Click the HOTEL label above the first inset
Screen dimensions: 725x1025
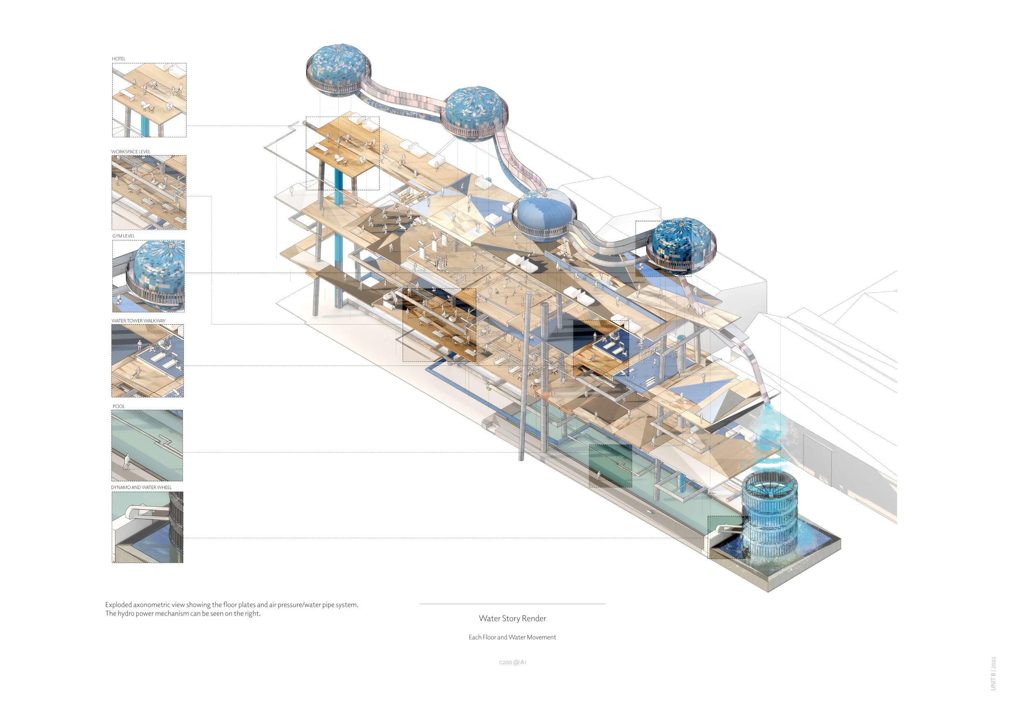(x=119, y=59)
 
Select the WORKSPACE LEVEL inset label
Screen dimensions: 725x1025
(x=131, y=152)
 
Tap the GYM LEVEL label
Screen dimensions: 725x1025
(x=124, y=236)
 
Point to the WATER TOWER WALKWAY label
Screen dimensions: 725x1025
(x=139, y=321)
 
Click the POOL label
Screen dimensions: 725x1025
(x=119, y=407)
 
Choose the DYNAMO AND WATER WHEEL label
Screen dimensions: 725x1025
(x=141, y=488)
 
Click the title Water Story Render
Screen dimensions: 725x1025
(x=512, y=619)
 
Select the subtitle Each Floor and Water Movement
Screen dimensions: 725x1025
(x=512, y=638)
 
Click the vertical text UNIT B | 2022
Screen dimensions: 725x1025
(x=993, y=674)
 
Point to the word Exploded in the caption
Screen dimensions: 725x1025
(x=119, y=605)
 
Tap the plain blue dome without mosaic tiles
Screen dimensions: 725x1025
(x=544, y=214)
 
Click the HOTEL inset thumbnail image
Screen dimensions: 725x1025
(x=149, y=100)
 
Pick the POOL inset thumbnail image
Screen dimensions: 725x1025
(x=147, y=445)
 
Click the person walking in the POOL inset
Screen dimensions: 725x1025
(x=127, y=462)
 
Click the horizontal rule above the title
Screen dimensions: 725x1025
(x=512, y=604)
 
